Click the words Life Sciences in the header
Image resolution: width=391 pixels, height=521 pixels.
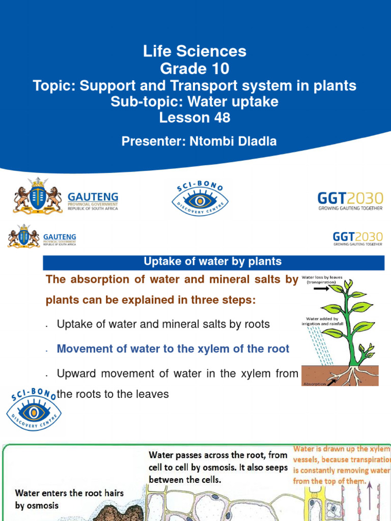click(195, 51)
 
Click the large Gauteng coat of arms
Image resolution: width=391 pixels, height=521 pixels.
click(38, 195)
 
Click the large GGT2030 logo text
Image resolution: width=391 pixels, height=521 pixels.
click(350, 198)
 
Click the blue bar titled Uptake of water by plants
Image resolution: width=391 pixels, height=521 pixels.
click(213, 263)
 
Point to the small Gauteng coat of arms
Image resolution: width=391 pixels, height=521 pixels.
click(23, 237)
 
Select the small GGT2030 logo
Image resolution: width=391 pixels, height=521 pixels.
click(357, 238)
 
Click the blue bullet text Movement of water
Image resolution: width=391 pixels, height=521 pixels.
click(173, 349)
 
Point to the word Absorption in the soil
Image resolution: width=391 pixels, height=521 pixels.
click(314, 384)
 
